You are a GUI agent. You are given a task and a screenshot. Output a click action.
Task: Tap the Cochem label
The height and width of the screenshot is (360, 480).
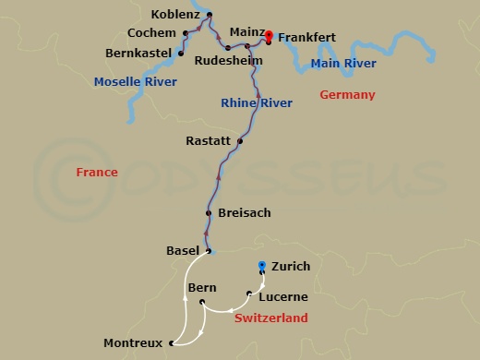pyautogui.click(x=151, y=32)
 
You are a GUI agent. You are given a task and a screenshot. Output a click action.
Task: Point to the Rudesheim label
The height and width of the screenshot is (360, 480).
pyautogui.click(x=227, y=62)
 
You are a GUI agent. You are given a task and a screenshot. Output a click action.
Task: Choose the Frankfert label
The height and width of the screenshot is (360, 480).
pyautogui.click(x=306, y=38)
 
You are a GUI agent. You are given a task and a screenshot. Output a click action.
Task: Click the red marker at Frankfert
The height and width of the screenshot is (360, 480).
pyautogui.click(x=269, y=36)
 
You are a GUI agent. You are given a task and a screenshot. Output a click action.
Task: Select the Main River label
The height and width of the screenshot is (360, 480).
pyautogui.click(x=343, y=64)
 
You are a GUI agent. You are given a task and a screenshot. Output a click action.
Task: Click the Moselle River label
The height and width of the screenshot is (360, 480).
pyautogui.click(x=129, y=82)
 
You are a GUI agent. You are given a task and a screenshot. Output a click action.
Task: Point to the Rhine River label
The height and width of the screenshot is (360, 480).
pyautogui.click(x=257, y=103)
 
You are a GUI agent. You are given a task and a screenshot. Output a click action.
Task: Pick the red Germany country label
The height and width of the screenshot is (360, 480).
pyautogui.click(x=347, y=95)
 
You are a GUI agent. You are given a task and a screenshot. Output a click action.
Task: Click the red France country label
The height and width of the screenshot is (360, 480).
pyautogui.click(x=96, y=173)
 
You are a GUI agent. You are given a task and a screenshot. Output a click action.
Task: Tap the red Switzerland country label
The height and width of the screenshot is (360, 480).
pyautogui.click(x=270, y=318)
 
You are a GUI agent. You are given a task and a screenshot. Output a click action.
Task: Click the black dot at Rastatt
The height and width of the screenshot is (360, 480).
pyautogui.click(x=240, y=141)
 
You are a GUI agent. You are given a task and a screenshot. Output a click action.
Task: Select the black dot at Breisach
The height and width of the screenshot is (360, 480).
pyautogui.click(x=209, y=213)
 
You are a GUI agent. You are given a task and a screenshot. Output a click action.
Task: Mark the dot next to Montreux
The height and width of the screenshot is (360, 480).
pyautogui.click(x=172, y=343)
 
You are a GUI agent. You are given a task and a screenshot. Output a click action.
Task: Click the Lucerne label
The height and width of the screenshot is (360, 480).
pyautogui.click(x=283, y=297)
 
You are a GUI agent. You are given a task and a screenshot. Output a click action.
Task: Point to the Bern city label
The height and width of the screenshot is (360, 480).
pyautogui.click(x=201, y=288)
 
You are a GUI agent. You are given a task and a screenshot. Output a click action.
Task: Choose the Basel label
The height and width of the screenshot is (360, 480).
pyautogui.click(x=182, y=250)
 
